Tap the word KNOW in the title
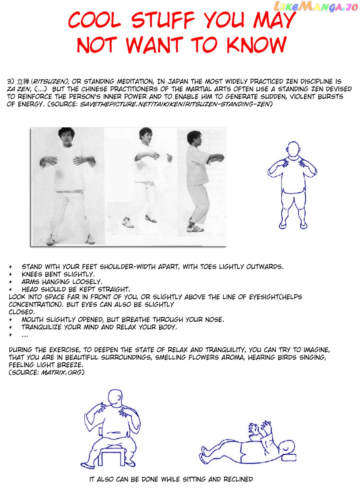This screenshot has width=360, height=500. pos(256,45)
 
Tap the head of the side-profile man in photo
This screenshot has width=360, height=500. pos(195,138)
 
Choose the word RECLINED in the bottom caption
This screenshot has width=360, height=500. pos(238,479)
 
